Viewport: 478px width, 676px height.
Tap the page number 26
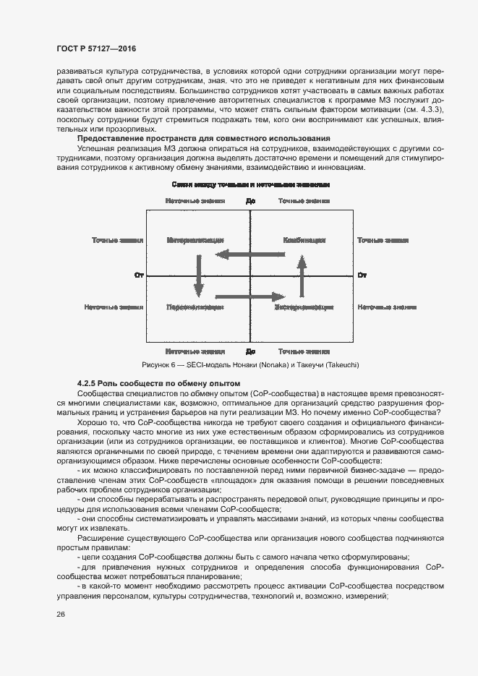(x=61, y=614)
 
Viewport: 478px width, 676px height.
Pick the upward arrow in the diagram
(x=302, y=275)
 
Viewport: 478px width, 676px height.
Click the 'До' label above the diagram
(x=251, y=201)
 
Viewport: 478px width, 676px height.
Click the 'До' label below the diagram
(x=251, y=351)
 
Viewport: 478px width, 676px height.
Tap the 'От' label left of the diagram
(x=140, y=275)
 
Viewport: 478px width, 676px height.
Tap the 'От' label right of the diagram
(x=363, y=275)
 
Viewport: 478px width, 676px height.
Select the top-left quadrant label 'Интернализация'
(x=195, y=240)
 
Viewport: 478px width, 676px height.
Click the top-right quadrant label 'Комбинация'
(x=304, y=240)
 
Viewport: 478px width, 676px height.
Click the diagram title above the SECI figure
(x=251, y=185)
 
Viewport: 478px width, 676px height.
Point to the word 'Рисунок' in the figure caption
(x=158, y=365)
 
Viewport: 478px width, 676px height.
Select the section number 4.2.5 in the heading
(x=88, y=382)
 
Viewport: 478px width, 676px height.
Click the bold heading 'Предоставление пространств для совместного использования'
(x=194, y=138)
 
